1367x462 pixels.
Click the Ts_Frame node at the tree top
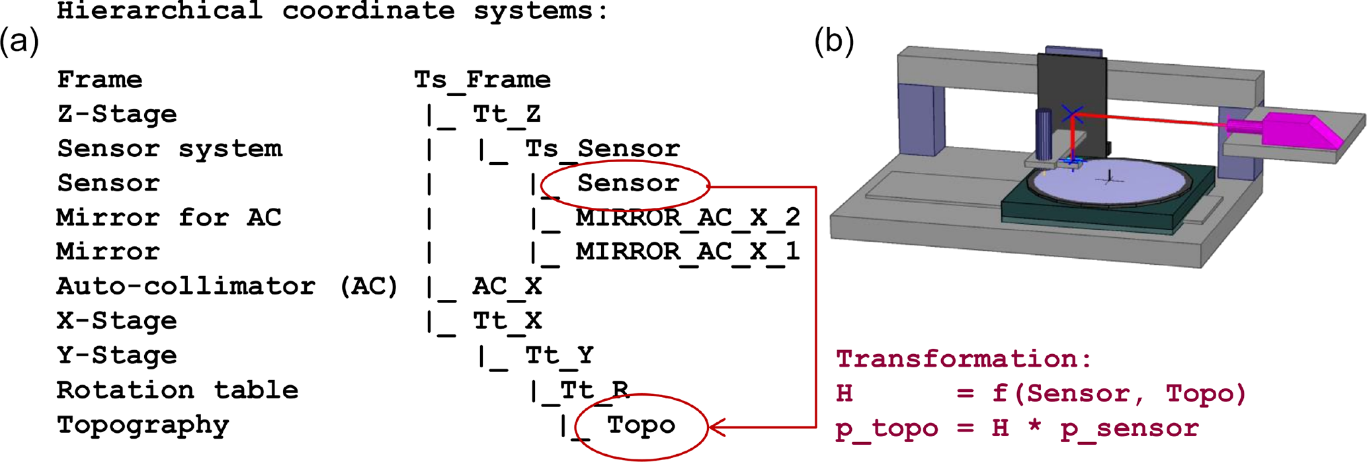(482, 80)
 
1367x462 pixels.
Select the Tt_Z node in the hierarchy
(507, 115)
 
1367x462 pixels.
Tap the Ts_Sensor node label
(602, 149)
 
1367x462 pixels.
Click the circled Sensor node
(628, 183)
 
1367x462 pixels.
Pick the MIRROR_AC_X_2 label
(688, 218)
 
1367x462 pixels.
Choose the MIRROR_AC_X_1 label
(688, 252)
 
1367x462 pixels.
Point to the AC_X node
(507, 287)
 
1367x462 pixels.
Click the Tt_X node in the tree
(507, 321)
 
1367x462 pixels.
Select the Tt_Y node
(559, 355)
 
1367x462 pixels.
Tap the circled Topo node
(641, 425)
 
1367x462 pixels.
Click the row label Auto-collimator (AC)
(227, 287)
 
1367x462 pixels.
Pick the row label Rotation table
(177, 390)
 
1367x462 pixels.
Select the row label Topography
(143, 425)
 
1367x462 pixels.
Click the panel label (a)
(19, 41)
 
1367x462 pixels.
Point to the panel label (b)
(834, 41)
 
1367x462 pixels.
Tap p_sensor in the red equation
(1130, 428)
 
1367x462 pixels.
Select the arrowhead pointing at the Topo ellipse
(717, 427)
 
